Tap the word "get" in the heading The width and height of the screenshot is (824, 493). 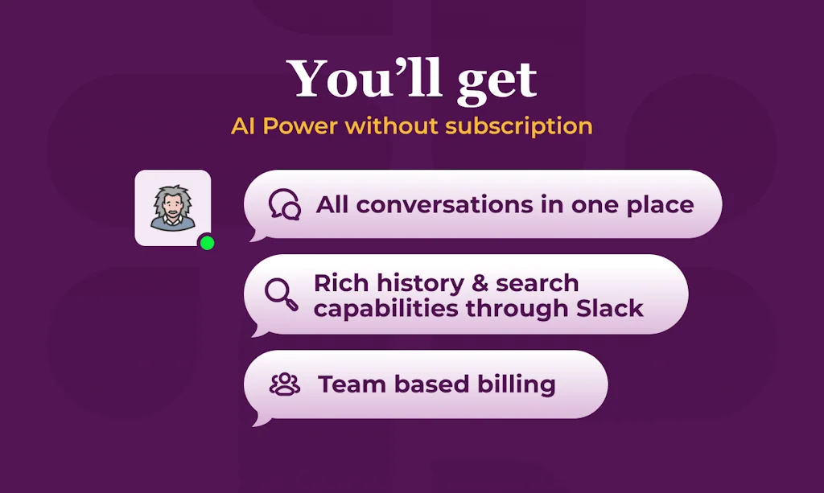click(497, 83)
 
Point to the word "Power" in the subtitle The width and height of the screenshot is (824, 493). click(300, 126)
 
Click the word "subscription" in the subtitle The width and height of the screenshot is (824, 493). click(519, 127)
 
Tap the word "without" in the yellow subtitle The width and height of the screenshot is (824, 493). click(391, 126)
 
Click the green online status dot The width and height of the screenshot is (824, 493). click(207, 243)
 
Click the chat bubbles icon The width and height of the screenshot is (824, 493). click(284, 204)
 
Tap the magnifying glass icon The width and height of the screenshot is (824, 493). click(281, 294)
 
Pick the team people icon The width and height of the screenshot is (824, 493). click(284, 384)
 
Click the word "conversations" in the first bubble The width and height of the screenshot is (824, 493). click(444, 205)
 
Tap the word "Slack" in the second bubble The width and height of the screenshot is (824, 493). click(610, 308)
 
